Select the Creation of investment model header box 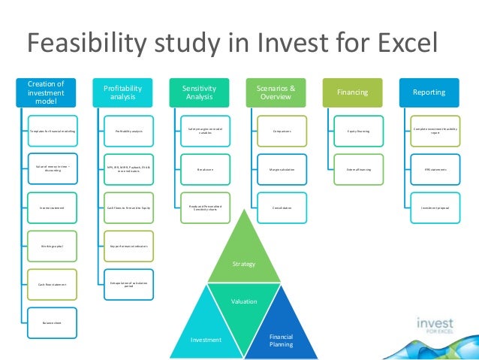46,92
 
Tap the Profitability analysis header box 122,92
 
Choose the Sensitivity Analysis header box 199,92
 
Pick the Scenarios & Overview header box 276,92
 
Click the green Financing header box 352,92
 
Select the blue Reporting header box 429,92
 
